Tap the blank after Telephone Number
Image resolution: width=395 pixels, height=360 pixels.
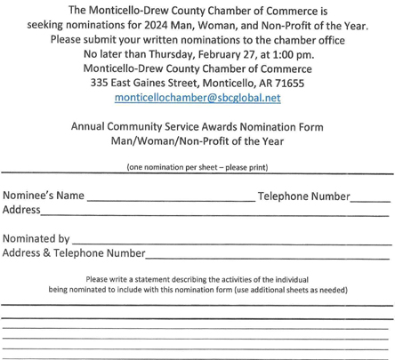(370, 199)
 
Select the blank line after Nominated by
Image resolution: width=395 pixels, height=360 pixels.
(231, 242)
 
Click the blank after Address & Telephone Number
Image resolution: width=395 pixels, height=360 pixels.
(267, 256)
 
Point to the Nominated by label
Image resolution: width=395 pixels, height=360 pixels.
(36, 239)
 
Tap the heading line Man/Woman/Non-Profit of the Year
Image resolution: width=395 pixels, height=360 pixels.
(197, 141)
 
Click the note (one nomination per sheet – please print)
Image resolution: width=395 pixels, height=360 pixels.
(197, 167)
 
